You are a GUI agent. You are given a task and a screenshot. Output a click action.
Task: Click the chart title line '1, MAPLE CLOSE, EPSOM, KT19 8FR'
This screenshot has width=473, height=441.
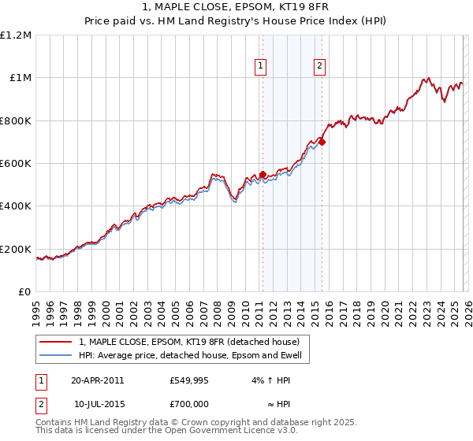[x=236, y=8]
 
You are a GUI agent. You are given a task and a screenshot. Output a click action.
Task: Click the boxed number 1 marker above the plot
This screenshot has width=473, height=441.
[x=262, y=67]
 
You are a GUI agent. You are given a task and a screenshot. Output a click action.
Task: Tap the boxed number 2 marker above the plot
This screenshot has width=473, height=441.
[x=320, y=67]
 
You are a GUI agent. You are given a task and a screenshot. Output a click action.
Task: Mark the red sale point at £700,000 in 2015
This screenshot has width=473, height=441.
[x=322, y=143]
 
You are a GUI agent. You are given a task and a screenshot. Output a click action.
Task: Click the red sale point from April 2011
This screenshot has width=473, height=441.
[x=263, y=175]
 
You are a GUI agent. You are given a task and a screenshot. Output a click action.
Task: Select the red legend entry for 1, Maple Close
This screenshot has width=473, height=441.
[x=188, y=343]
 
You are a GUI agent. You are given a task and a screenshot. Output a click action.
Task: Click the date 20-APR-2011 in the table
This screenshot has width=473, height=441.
[x=97, y=380]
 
